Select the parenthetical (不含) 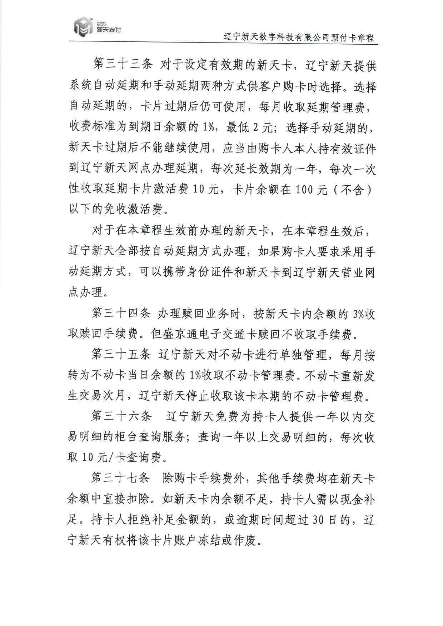click(352, 190)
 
